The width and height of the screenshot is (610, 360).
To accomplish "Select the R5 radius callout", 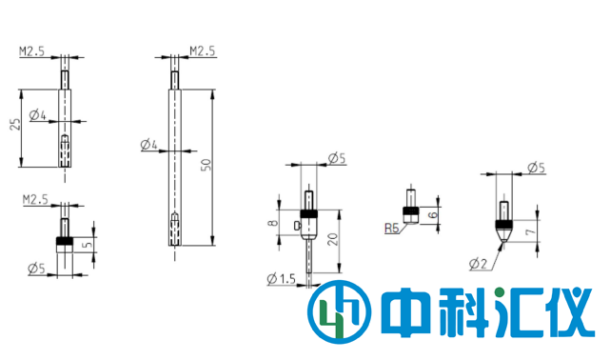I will click(x=391, y=229).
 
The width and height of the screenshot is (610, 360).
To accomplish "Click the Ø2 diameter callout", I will click(x=477, y=262).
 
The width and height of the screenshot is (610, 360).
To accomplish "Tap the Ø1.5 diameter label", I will click(x=284, y=278).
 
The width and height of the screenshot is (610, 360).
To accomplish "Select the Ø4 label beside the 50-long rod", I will click(x=148, y=145).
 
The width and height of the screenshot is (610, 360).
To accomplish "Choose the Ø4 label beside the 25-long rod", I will click(x=38, y=116).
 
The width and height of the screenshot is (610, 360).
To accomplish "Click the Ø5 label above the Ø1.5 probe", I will click(x=336, y=159).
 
